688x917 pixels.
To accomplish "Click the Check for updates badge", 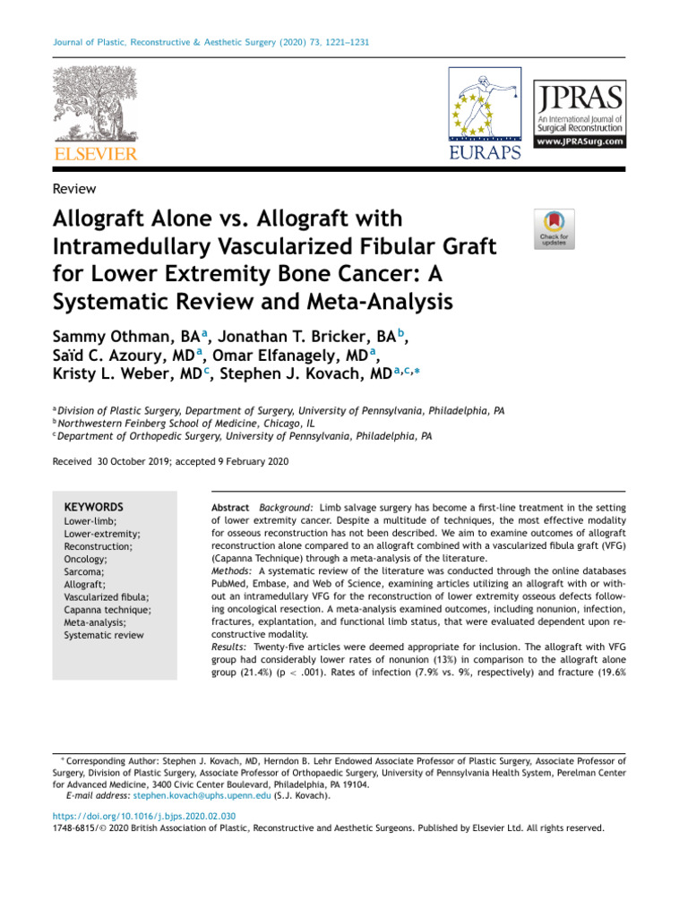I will click(555, 228).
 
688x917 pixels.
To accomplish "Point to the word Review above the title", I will click(75, 188).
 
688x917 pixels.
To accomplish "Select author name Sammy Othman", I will click(122, 337).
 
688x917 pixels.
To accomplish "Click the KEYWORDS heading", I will click(94, 507).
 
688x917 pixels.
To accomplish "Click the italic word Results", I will click(230, 645).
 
